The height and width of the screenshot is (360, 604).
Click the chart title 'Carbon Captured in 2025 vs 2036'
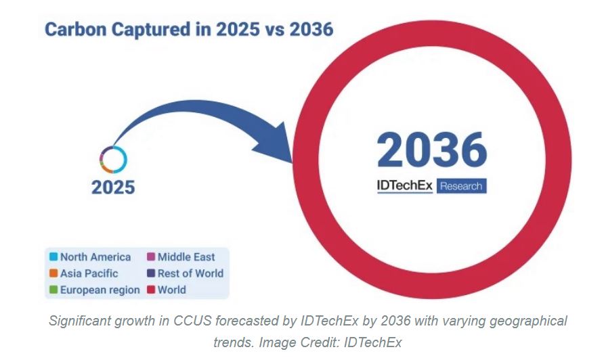(x=189, y=30)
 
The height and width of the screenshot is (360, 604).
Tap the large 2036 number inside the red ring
(x=431, y=150)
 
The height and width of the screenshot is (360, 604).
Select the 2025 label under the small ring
(x=113, y=187)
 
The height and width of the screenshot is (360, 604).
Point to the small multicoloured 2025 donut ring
(x=113, y=158)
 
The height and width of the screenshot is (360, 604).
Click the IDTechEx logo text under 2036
(x=404, y=185)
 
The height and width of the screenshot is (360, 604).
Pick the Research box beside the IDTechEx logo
(x=461, y=185)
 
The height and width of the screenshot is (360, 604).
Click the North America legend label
(x=95, y=257)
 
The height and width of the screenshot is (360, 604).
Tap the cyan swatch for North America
(x=53, y=257)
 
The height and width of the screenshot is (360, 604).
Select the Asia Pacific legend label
(x=89, y=273)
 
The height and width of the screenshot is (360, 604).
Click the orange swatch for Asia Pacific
(x=53, y=273)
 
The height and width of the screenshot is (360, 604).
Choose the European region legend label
(x=100, y=290)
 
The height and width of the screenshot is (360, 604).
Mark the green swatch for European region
(x=53, y=290)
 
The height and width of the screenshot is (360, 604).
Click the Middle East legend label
(x=186, y=257)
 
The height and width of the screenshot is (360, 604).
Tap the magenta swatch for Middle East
(x=151, y=257)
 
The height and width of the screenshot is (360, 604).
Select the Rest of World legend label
(x=190, y=273)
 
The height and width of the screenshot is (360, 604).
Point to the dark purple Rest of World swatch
(x=151, y=273)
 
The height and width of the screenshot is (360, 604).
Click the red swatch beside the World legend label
(x=151, y=290)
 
